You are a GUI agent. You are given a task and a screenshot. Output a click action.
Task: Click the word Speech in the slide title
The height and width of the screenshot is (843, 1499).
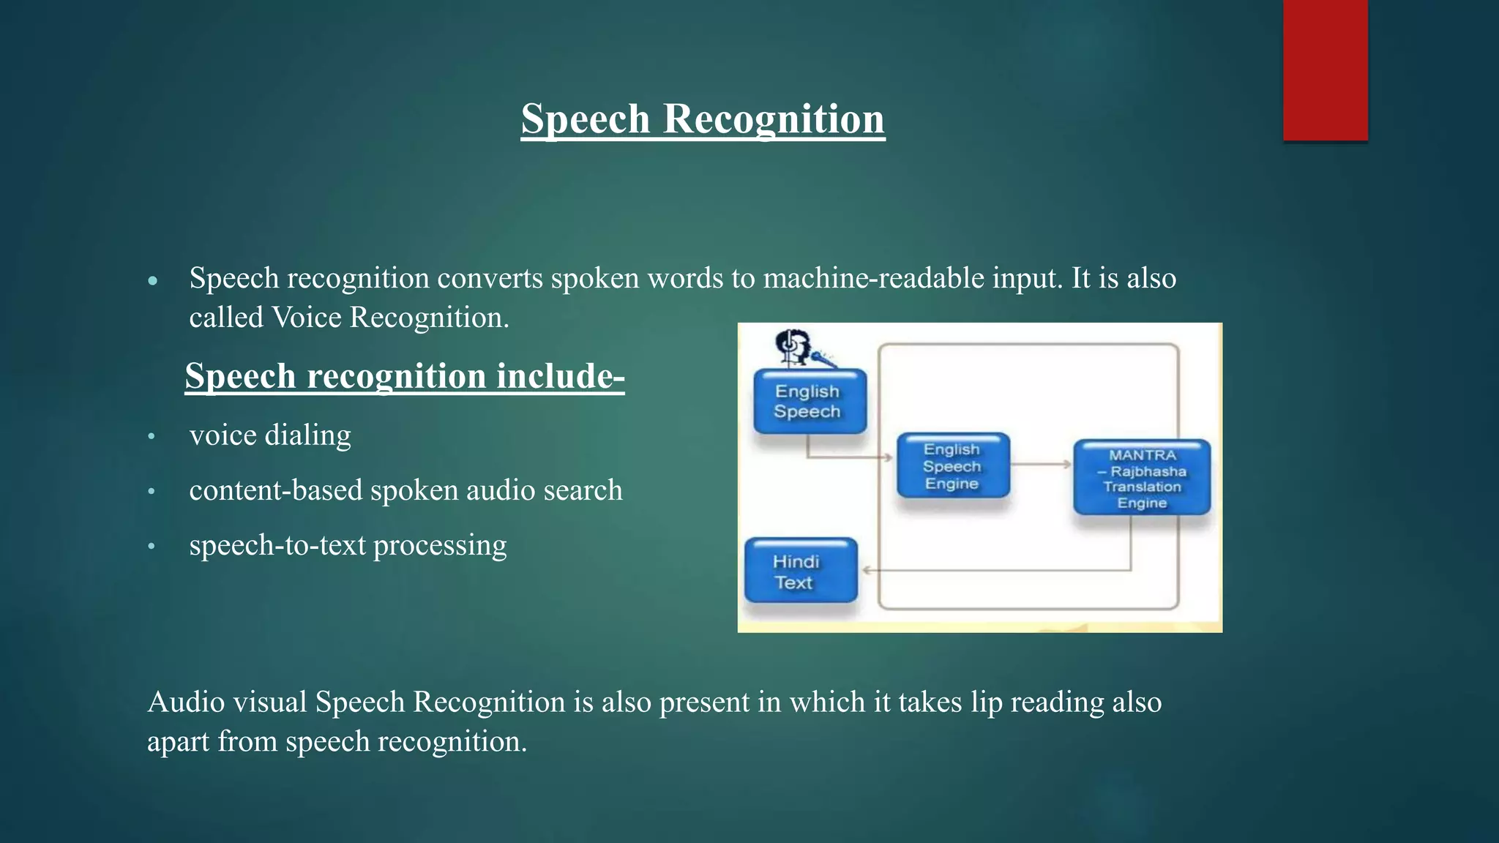(585, 119)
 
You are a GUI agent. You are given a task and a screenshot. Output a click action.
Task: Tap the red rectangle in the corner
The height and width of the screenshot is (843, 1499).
(1325, 70)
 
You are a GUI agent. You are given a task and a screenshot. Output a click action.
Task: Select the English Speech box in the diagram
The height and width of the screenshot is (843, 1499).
(810, 401)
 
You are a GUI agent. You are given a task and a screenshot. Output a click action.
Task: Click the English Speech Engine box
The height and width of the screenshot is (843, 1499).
(953, 466)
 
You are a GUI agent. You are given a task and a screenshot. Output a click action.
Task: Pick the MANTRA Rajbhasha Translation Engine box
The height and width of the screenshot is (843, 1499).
(1142, 478)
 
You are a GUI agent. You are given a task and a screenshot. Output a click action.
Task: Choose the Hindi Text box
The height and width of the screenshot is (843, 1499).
(800, 572)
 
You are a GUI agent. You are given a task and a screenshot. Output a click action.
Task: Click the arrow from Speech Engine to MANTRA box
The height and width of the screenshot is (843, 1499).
(1042, 464)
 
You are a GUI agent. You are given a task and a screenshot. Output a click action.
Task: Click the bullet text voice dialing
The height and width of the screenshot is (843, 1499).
(270, 435)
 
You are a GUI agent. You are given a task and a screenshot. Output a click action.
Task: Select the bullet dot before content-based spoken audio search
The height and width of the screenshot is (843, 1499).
(152, 492)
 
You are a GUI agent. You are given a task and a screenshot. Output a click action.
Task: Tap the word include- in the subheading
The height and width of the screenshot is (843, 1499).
(560, 376)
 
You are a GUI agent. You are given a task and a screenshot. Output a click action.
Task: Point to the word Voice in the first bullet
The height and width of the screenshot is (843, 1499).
(307, 318)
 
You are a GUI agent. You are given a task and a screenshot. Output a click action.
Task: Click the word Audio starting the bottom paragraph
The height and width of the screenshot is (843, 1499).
(186, 702)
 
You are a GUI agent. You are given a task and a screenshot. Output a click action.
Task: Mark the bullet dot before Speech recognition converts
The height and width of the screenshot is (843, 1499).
(152, 281)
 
